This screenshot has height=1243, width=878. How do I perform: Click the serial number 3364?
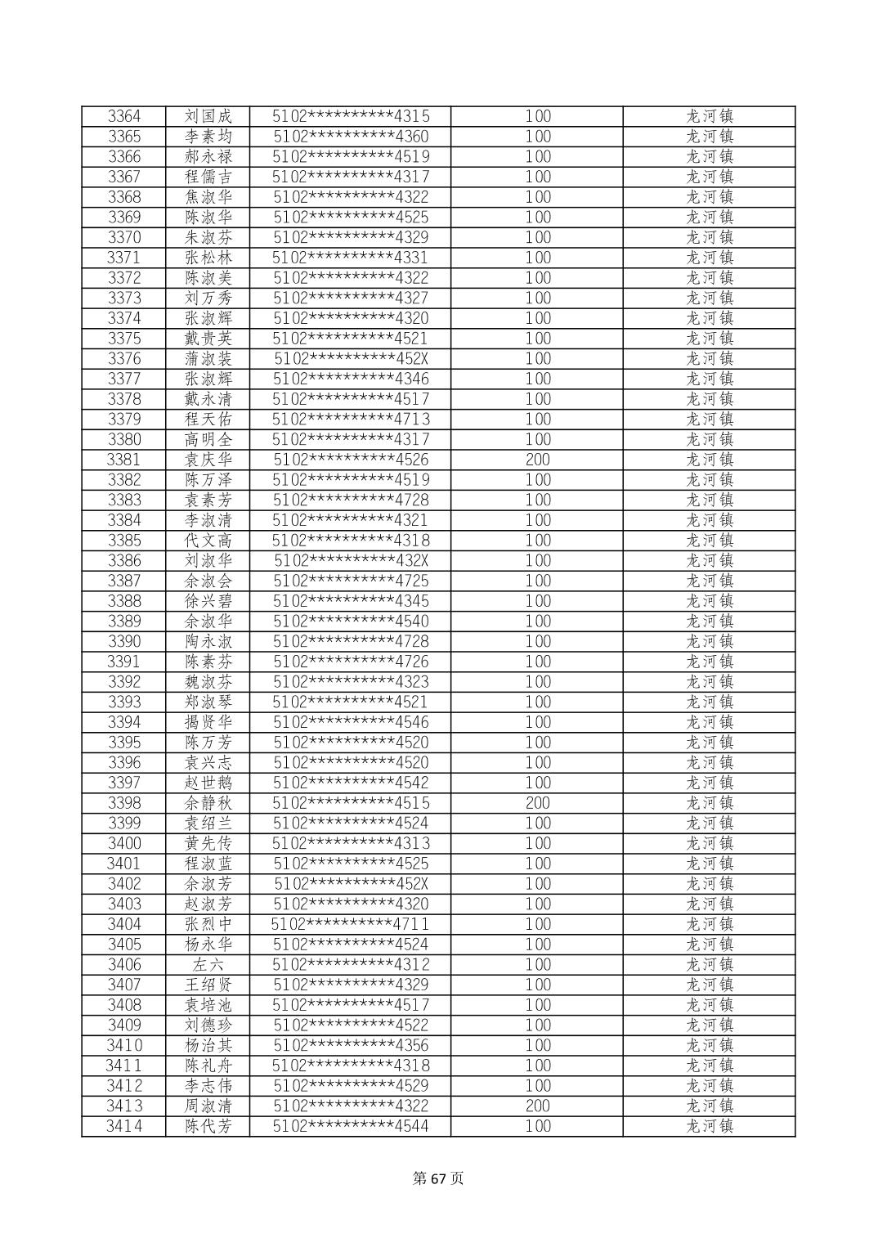[124, 116]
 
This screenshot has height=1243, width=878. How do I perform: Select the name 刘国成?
[208, 116]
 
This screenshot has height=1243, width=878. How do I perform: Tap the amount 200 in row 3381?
[537, 460]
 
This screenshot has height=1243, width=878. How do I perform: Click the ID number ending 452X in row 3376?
[351, 359]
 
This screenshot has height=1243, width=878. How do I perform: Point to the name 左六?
[208, 965]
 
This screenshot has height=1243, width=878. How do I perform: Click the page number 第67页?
[438, 1178]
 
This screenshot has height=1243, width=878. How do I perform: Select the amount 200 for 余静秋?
[537, 803]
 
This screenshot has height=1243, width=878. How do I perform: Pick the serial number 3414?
[124, 1126]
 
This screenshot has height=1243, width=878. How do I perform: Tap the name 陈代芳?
[208, 1126]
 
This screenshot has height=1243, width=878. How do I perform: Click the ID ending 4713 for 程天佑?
[351, 420]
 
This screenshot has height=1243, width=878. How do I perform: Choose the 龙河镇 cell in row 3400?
[709, 843]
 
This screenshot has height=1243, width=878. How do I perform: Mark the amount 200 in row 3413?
[537, 1106]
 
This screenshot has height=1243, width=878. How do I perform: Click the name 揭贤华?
[208, 722]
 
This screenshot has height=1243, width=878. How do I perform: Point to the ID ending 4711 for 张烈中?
[350, 924]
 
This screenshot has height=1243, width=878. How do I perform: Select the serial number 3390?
[124, 641]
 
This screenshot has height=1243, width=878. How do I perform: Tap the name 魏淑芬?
[208, 682]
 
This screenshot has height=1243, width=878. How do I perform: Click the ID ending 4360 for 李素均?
[351, 137]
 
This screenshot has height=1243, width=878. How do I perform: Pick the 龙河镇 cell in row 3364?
[709, 116]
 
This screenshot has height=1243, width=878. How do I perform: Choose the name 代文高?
[208, 541]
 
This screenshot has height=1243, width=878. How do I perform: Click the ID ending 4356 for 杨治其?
[351, 1045]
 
